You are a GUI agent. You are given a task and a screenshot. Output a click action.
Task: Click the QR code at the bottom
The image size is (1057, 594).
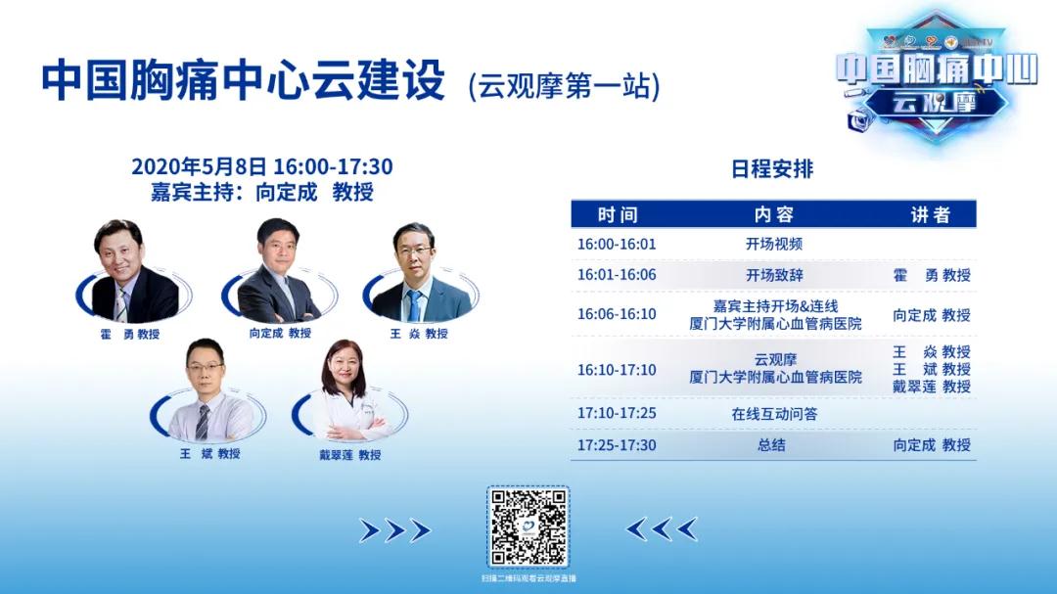point(528,527)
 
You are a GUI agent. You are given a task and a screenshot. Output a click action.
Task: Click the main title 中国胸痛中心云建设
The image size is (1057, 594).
point(243,81)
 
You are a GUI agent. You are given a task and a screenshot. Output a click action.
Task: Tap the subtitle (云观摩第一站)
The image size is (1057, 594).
point(565,85)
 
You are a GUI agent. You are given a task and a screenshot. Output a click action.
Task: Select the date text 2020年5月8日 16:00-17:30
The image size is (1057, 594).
point(262,167)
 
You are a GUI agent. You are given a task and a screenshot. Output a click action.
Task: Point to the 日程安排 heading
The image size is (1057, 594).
point(772,168)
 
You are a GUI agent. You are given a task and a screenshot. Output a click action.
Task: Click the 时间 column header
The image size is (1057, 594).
point(617,214)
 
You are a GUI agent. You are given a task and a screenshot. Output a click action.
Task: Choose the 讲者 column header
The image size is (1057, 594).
point(931,214)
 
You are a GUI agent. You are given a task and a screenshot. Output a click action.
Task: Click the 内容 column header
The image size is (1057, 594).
point(773,214)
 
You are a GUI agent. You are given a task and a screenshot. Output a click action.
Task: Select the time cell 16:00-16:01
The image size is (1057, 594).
point(617,245)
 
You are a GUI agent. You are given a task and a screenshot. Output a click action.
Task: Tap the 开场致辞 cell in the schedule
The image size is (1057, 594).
point(774,275)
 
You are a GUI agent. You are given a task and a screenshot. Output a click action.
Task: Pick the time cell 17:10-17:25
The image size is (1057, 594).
point(617,413)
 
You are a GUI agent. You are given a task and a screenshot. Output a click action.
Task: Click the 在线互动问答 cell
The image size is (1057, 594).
point(774,414)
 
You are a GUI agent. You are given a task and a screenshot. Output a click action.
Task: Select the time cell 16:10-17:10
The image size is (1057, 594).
point(617,370)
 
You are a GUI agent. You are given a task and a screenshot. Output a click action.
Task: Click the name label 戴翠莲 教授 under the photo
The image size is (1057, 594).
point(349,454)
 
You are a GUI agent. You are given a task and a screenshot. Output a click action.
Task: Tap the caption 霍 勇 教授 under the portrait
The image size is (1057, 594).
point(128,334)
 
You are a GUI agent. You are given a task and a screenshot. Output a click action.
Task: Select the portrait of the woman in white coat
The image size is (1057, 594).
point(348,391)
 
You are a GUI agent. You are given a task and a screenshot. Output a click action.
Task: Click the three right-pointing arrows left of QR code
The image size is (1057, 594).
point(394,530)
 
